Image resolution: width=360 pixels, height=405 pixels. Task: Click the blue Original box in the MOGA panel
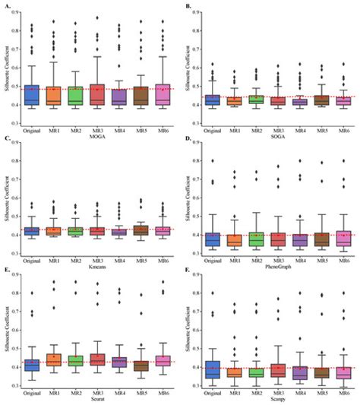33,94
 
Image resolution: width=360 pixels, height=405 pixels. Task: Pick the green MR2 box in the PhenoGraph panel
256,239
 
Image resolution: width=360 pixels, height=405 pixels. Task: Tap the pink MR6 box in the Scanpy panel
343,372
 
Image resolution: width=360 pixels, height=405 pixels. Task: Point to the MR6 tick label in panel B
343,115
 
